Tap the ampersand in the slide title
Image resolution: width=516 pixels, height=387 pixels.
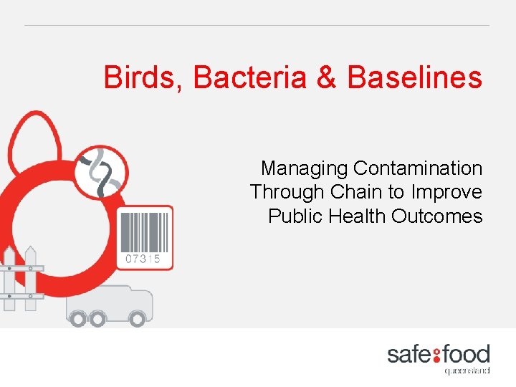326,77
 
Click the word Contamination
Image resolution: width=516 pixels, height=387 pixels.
418,168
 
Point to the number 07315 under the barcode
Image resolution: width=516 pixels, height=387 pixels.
143,258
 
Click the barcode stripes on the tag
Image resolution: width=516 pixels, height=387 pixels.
144,231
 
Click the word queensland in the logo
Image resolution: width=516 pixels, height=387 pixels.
467,371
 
